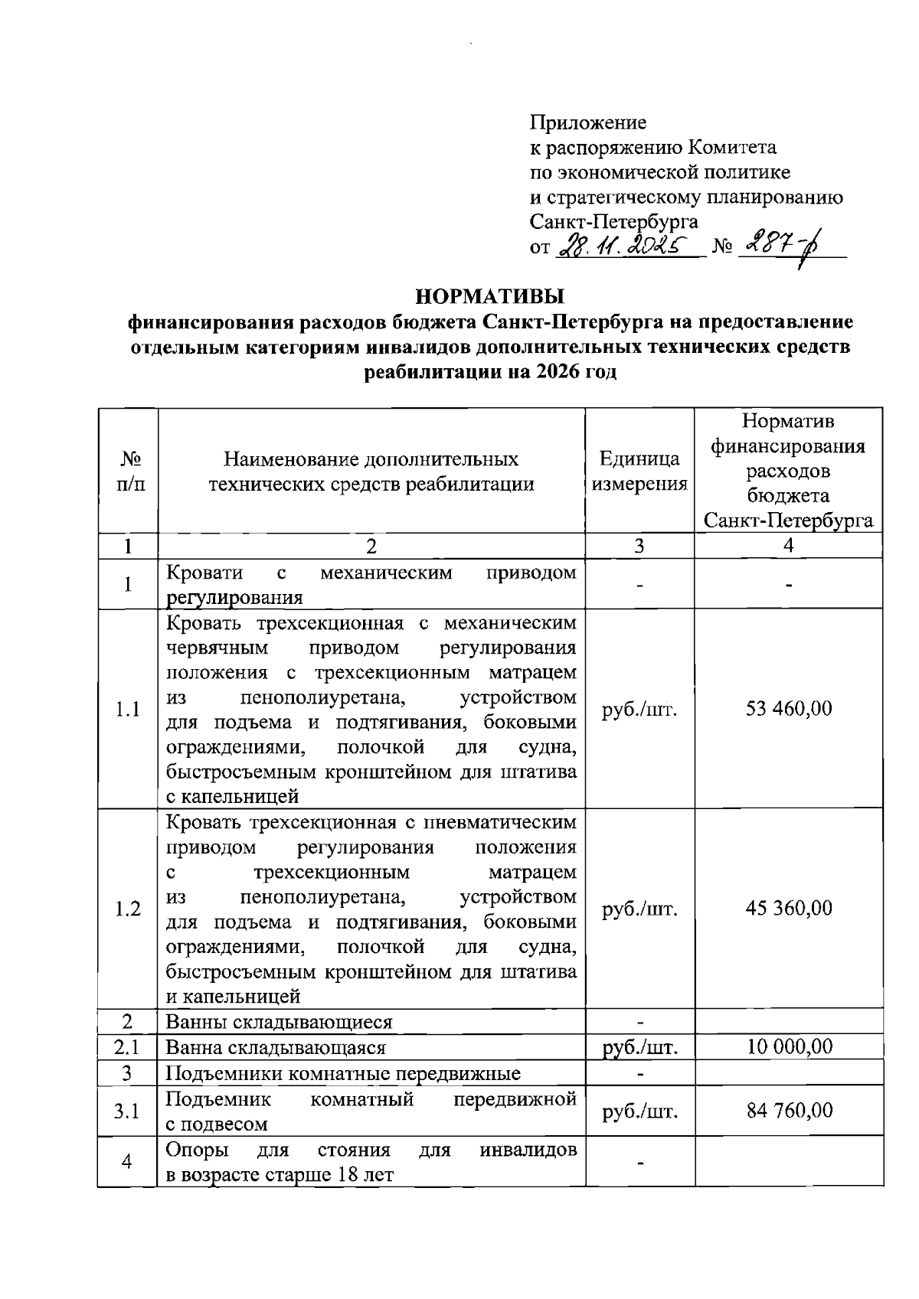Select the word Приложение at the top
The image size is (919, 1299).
click(x=588, y=122)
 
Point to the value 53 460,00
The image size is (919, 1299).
click(x=789, y=708)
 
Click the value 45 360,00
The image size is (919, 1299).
click(x=789, y=908)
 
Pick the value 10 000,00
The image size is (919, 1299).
click(x=789, y=1046)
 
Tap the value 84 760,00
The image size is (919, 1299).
click(x=789, y=1110)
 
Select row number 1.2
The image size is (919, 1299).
click(x=127, y=909)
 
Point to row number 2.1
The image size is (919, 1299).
click(x=127, y=1046)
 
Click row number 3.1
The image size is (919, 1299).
click(x=127, y=1111)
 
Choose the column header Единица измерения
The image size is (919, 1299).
click(x=639, y=471)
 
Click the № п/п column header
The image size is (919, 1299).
click(x=128, y=471)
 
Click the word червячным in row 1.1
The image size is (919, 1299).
click(x=217, y=648)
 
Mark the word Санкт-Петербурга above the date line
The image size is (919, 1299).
click(x=614, y=222)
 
